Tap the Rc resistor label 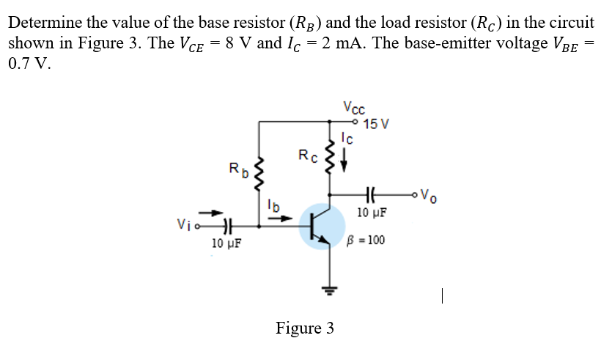pyautogui.click(x=307, y=155)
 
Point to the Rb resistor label pyautogui.click(x=238, y=172)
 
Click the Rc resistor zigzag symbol pyautogui.click(x=329, y=158)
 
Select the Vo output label pyautogui.click(x=432, y=195)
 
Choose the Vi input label pyautogui.click(x=184, y=226)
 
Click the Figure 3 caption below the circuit pyautogui.click(x=304, y=327)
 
